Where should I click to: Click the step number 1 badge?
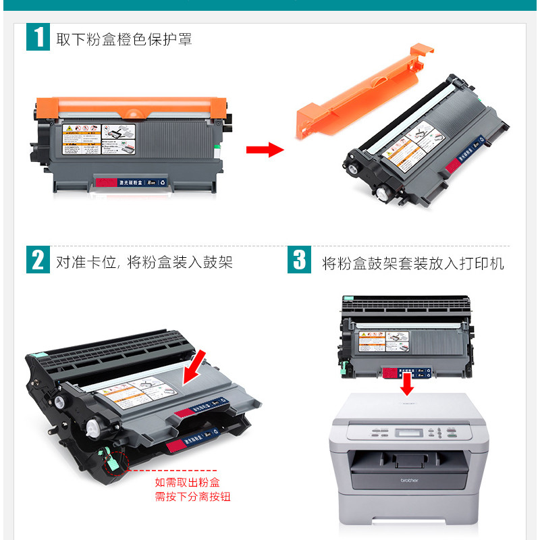[x=38, y=37]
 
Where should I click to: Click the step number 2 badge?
[x=38, y=260]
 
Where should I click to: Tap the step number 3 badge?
[x=300, y=260]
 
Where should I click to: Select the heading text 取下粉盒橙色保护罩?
[x=124, y=39]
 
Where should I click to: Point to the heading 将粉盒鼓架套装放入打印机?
[x=412, y=263]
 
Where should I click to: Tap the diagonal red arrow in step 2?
[x=198, y=369]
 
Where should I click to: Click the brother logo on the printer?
[x=409, y=480]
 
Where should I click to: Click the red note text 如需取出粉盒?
[x=187, y=483]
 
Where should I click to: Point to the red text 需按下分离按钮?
[x=192, y=497]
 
